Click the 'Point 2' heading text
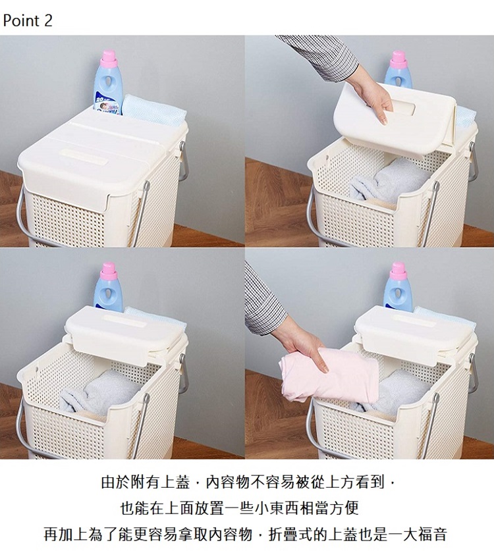click(x=28, y=20)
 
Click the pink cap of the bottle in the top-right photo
click(x=398, y=59)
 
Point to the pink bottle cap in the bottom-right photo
click(x=398, y=270)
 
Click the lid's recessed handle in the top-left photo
click(x=84, y=157)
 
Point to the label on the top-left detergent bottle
click(x=107, y=104)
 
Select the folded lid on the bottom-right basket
click(x=413, y=334)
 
